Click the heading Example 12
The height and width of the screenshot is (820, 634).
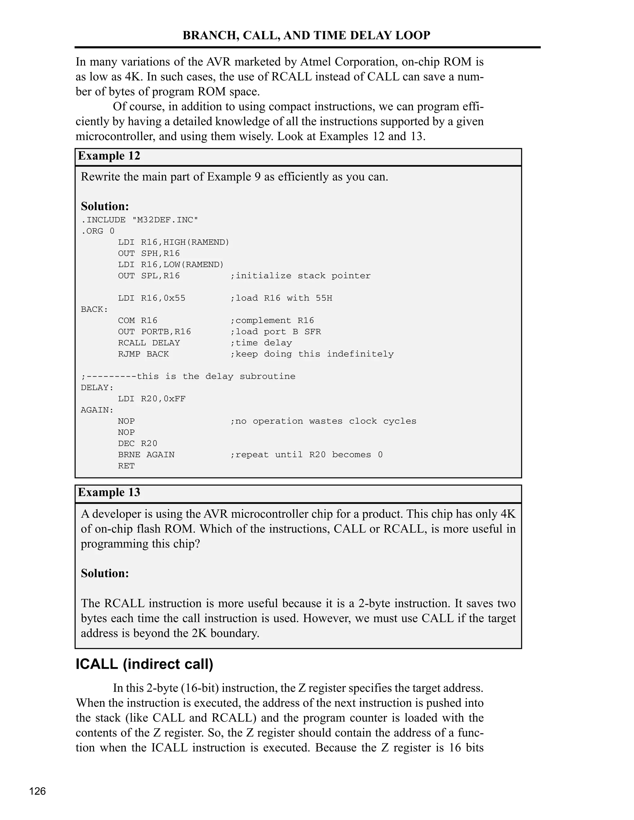[109, 156]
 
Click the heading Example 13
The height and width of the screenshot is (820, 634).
[109, 492]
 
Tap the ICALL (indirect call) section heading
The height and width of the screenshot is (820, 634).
[145, 664]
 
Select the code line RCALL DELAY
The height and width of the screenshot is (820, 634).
[149, 343]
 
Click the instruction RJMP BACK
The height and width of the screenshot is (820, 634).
[143, 354]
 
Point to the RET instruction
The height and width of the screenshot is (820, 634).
[126, 466]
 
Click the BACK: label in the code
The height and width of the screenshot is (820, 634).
[94, 309]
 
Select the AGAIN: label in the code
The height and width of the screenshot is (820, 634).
[97, 410]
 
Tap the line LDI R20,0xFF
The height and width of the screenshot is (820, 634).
[152, 399]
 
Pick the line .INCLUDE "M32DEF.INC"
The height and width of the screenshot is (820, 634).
[139, 220]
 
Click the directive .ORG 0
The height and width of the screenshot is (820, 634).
[98, 231]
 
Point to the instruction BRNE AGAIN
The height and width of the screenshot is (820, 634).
[146, 455]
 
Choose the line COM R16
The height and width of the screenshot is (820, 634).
[137, 321]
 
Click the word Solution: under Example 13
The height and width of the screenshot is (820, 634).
[105, 573]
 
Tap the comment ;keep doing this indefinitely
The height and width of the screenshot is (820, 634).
[312, 354]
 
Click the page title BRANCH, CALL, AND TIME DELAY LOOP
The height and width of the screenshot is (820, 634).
[306, 35]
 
